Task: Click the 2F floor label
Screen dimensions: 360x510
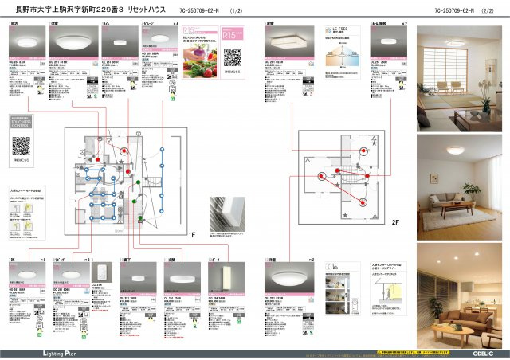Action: click(395, 221)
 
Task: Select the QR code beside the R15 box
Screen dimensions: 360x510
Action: click(233, 57)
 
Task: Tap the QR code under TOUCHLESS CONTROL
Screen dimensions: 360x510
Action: click(21, 147)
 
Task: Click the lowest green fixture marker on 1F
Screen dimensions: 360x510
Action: click(140, 218)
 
